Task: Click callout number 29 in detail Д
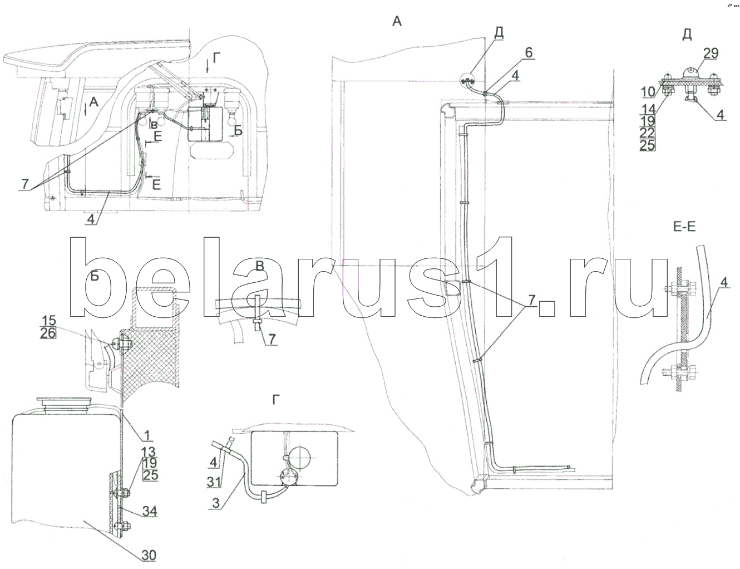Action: (x=711, y=53)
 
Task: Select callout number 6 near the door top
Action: (x=527, y=52)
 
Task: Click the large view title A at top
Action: (x=396, y=21)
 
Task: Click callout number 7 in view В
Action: (x=269, y=340)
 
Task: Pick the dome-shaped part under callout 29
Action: (x=688, y=72)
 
